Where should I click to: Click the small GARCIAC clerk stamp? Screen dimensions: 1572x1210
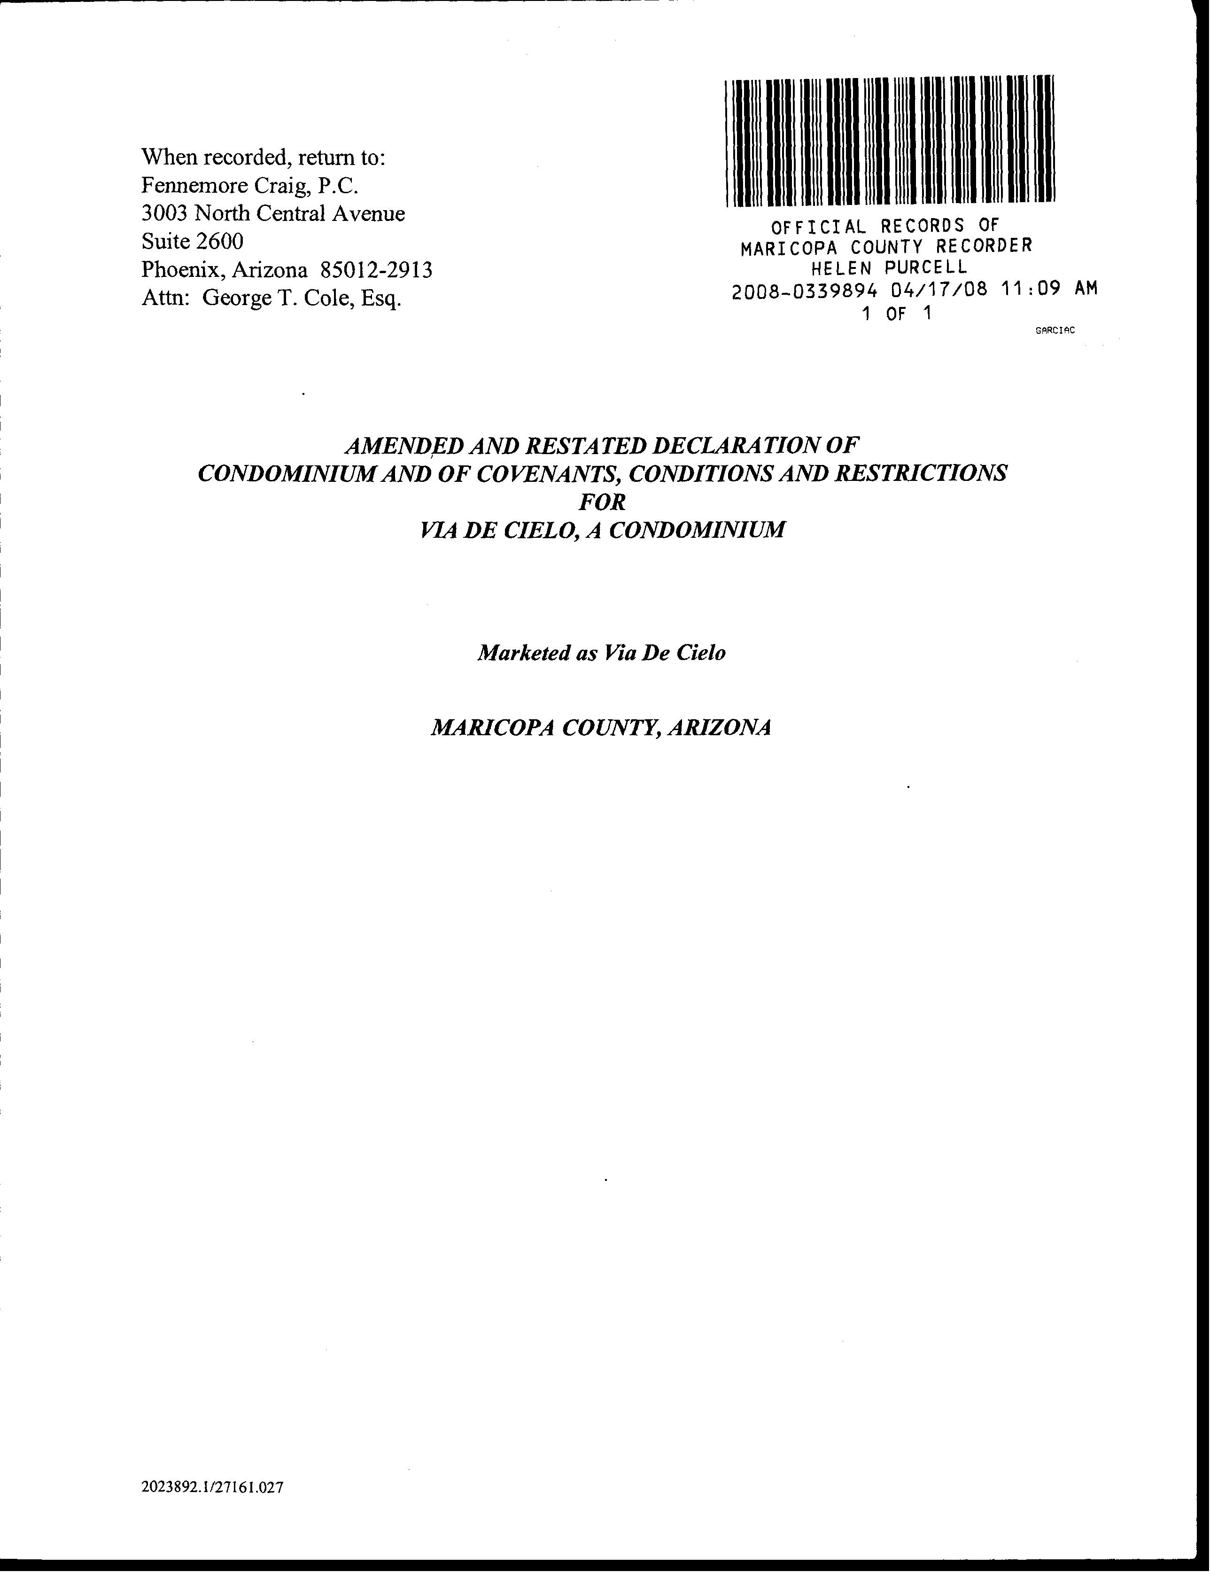point(1055,330)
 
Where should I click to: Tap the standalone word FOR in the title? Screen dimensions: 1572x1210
point(602,502)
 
